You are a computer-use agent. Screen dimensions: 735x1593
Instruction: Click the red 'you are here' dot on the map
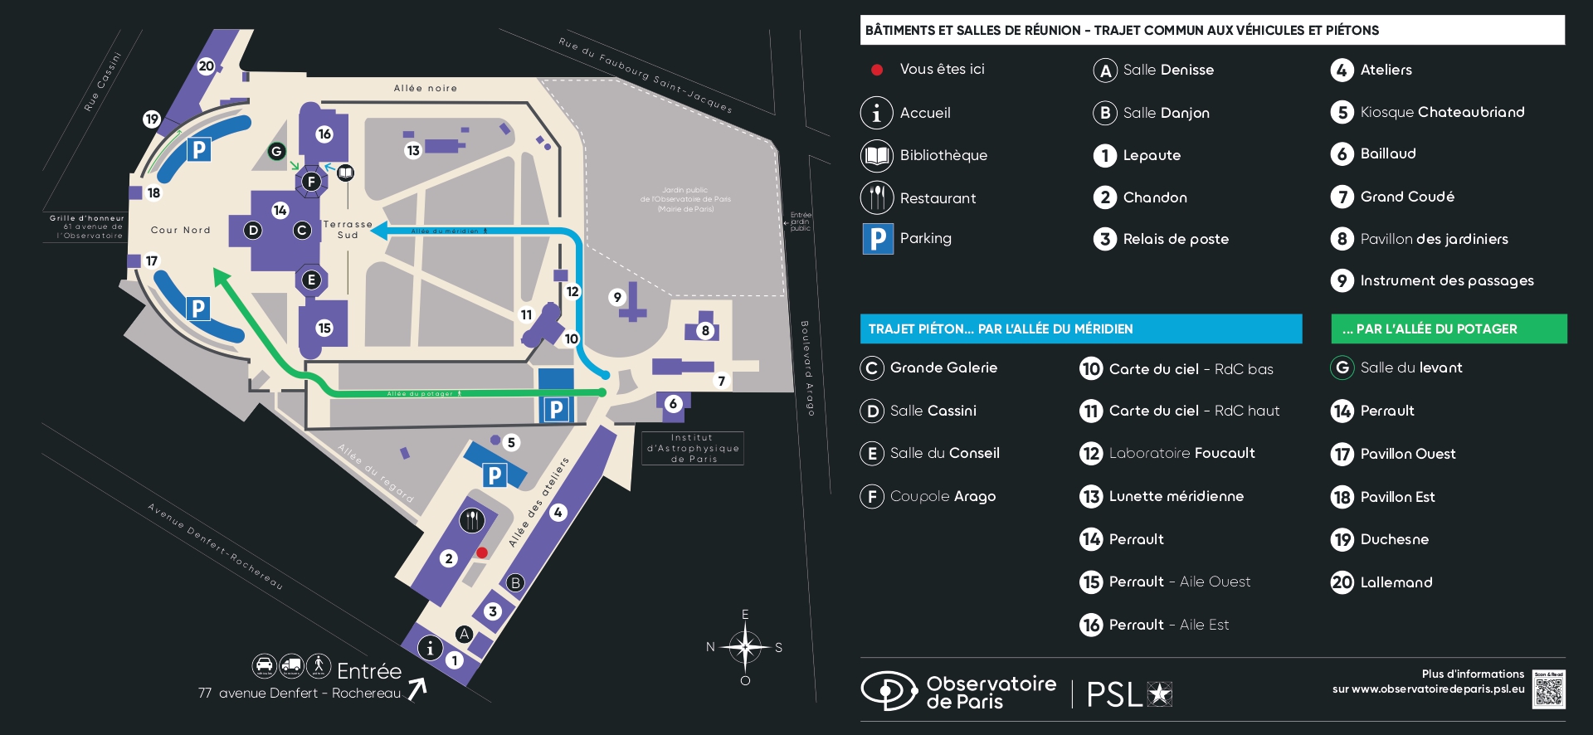pos(481,552)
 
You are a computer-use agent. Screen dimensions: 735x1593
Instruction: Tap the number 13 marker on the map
pos(413,150)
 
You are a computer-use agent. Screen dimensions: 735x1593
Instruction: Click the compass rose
pos(745,647)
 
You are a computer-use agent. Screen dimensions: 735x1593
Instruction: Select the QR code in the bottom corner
pos(1548,689)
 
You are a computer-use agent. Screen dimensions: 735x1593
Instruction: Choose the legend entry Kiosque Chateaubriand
pos(1442,112)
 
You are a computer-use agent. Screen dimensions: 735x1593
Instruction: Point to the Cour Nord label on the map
pos(181,230)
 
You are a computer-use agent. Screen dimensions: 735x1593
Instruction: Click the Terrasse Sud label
pos(348,230)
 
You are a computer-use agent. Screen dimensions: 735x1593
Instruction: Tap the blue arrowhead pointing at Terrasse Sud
pos(378,231)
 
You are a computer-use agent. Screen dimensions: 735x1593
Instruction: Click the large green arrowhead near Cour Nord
pos(221,276)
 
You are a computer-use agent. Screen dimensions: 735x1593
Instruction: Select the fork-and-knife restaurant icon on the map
pos(472,520)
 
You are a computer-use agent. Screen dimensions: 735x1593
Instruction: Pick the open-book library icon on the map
pos(345,173)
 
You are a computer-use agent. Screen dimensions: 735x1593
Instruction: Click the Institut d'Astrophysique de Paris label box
pos(693,448)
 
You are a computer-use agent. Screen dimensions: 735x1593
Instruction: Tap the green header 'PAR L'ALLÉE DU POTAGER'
pos(1449,329)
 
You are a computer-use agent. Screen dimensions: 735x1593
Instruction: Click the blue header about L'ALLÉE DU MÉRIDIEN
pos(1080,329)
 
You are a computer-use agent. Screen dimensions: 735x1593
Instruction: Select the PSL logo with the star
pos(1129,694)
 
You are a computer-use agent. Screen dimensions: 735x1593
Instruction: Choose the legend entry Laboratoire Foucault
pos(1181,453)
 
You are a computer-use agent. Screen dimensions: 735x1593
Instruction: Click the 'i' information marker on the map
pos(430,648)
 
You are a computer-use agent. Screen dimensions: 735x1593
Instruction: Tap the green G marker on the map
pos(276,151)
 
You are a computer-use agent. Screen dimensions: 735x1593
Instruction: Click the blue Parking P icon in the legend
pos(878,239)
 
